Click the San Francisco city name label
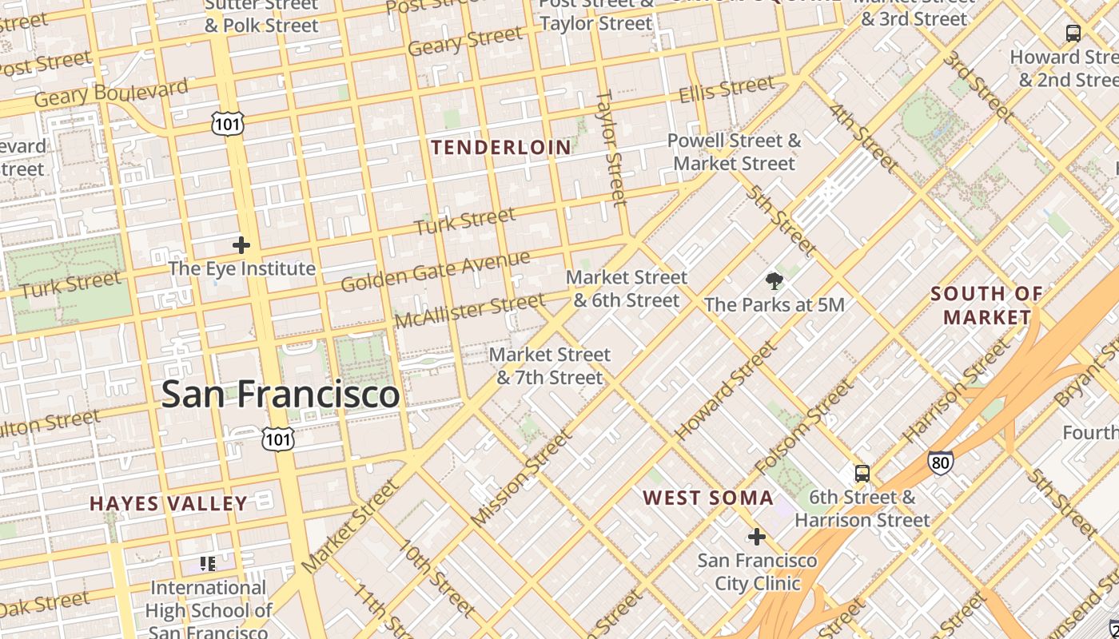281,395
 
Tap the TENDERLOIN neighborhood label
501,148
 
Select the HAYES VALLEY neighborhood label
169,503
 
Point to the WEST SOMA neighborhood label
708,498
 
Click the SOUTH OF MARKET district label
987,305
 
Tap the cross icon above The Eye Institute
241,245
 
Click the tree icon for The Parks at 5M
774,280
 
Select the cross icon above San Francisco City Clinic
756,537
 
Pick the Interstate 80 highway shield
940,462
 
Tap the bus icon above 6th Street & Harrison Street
862,473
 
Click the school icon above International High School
208,564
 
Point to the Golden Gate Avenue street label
436,271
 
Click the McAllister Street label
470,310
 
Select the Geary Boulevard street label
111,93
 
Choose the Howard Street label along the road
725,391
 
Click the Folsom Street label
804,426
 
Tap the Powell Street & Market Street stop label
734,153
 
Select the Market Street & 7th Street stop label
550,366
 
